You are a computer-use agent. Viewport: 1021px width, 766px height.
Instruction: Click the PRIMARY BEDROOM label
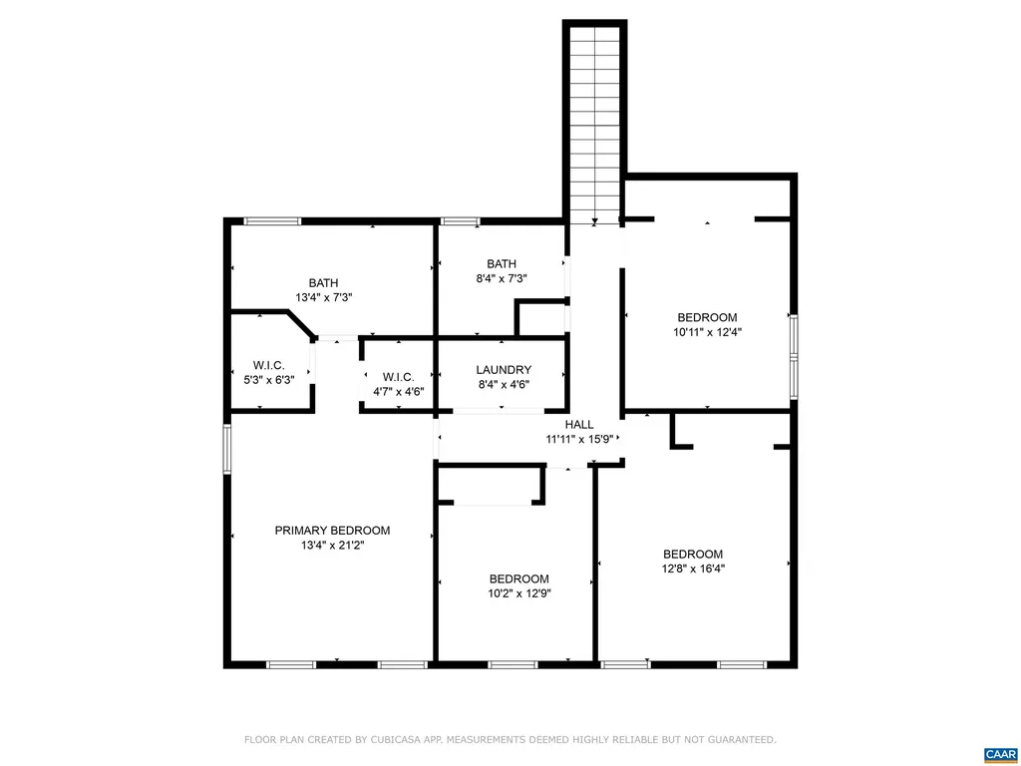pos(332,531)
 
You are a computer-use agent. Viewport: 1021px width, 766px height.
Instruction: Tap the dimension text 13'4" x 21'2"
pos(332,546)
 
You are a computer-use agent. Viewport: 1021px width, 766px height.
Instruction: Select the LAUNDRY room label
pos(504,370)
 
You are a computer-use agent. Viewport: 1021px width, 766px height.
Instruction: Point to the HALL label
pos(582,423)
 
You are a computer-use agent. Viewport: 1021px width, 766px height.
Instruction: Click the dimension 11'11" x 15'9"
pos(582,438)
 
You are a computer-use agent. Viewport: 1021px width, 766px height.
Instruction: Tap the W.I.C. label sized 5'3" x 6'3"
pos(268,365)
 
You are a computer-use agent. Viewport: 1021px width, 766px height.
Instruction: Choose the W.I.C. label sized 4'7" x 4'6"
pos(398,377)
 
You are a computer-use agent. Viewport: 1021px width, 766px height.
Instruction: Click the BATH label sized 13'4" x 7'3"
pos(323,283)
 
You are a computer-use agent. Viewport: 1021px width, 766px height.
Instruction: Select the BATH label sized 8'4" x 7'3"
pos(502,264)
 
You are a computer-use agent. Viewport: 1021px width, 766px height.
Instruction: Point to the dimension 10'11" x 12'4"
pos(707,332)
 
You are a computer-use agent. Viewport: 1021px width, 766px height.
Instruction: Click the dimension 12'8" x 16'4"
pos(693,569)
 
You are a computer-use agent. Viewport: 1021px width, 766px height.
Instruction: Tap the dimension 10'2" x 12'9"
pos(518,592)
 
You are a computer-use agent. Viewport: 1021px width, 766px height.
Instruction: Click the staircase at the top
pos(595,120)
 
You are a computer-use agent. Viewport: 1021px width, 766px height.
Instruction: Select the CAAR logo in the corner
pos(999,754)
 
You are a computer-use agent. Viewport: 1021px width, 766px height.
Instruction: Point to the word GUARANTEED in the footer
pos(739,740)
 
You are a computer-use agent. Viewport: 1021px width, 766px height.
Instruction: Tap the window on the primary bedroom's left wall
pos(227,448)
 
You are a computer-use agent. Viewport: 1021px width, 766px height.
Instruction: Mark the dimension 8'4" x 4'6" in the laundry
pos(504,384)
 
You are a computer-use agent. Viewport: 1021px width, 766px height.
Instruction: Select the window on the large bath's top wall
pos(272,220)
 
